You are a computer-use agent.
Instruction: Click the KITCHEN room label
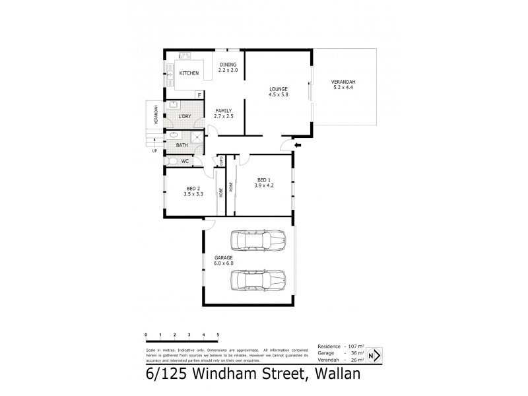[189, 73]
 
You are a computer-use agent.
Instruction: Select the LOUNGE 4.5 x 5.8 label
[277, 92]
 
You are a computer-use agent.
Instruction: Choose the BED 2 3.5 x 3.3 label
[192, 191]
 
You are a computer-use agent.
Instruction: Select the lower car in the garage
[258, 280]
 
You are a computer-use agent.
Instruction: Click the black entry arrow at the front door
[297, 145]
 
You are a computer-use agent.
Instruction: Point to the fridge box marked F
[199, 95]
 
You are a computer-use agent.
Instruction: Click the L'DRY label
[185, 117]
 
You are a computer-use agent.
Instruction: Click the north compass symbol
[374, 356]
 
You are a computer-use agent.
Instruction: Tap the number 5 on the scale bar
[218, 335]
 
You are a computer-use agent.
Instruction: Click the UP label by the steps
[154, 150]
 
